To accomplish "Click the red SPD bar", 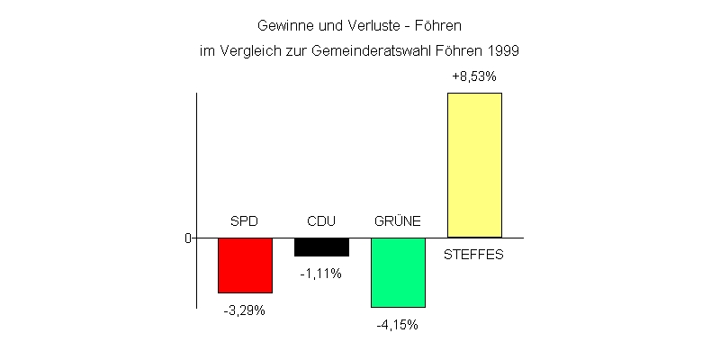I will [245, 265].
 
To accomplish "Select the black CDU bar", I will [321, 247].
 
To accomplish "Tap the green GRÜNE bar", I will [398, 273].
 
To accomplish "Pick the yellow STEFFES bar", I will [474, 165].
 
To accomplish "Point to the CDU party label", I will [321, 221].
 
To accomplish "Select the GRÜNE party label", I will [398, 221].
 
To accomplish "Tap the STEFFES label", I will [474, 254].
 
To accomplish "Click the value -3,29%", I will [244, 310].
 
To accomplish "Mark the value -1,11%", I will [320, 274].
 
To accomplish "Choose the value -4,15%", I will [397, 325].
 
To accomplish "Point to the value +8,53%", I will [473, 77].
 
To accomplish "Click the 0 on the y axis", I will [189, 238].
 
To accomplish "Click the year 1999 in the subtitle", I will [504, 51].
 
